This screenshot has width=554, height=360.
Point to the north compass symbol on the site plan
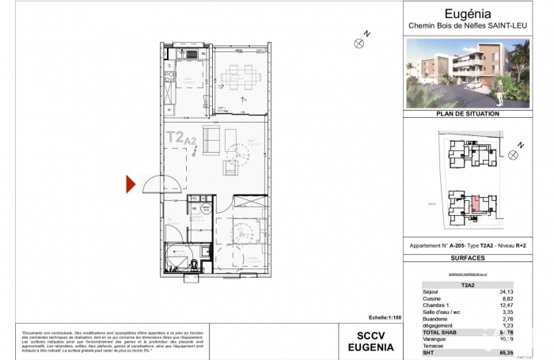point(514,154)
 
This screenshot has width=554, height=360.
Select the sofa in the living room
point(211,140)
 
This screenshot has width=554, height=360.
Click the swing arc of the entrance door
point(153,183)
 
